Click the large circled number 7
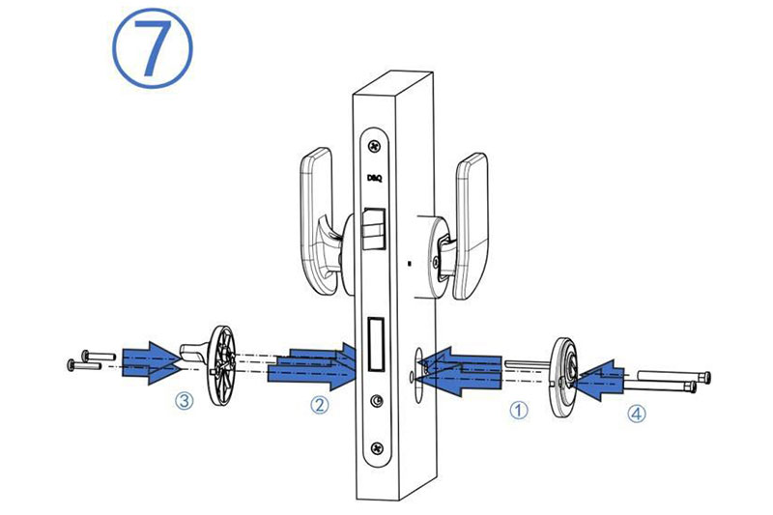153,47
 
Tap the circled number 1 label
518,410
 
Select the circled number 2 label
319,405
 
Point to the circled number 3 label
185,400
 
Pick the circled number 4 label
637,414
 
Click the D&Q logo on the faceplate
375,178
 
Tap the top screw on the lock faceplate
375,146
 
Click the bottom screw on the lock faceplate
378,448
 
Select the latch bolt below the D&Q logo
373,229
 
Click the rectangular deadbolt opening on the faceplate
376,345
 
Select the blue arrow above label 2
311,366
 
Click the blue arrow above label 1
459,371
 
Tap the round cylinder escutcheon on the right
563,377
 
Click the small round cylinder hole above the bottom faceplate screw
377,401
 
